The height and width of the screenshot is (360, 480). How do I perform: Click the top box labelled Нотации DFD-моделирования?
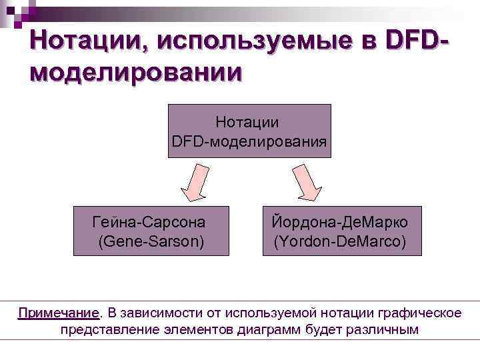[x=249, y=131]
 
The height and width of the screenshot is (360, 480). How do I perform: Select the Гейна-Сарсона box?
[x=151, y=231]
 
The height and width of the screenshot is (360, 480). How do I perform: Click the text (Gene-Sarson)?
[x=151, y=240]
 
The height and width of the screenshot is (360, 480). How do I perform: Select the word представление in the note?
[x=107, y=329]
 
